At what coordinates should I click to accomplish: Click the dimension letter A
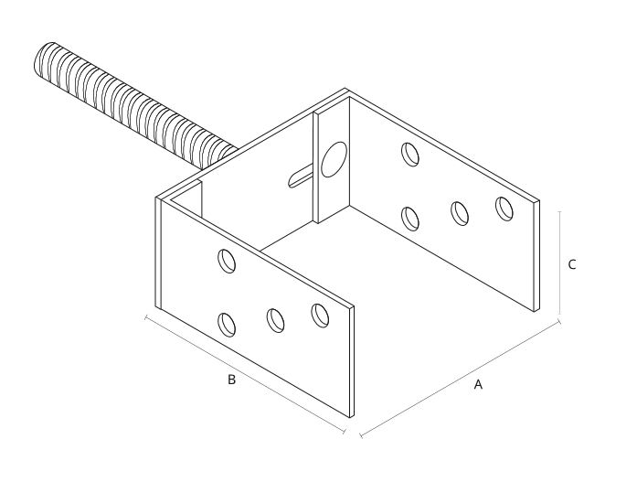478,384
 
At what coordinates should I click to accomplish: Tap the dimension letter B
231,380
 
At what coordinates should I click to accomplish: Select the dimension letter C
571,264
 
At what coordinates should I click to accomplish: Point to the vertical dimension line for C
560,262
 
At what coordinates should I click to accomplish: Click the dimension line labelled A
461,379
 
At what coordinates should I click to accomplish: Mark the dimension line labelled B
245,374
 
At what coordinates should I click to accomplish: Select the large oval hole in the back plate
334,159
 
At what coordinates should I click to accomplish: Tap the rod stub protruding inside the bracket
300,176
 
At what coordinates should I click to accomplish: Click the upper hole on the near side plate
227,261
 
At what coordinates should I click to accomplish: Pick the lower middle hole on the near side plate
275,320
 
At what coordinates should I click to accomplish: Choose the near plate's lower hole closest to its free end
320,316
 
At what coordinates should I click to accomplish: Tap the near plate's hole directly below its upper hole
227,325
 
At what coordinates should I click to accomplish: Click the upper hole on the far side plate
410,155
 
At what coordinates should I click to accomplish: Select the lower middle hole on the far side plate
460,213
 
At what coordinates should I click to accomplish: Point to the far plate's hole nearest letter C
504,209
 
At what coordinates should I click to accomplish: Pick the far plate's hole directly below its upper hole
410,219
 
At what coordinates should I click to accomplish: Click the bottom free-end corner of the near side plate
350,417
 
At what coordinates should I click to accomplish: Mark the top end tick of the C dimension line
560,212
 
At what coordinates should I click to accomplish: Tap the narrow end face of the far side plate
536,256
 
